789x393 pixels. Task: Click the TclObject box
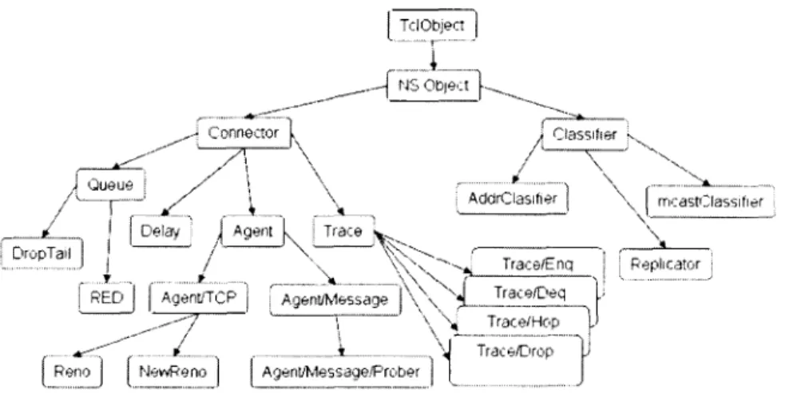click(432, 25)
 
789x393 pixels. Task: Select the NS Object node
click(434, 85)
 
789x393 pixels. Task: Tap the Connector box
click(244, 133)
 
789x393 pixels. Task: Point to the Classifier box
click(585, 134)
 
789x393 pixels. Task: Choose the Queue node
click(111, 185)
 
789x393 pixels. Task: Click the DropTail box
click(42, 253)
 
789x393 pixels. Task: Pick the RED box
click(107, 297)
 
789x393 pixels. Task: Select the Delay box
click(161, 231)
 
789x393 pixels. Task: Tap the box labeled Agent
click(252, 231)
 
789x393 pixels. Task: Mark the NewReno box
click(173, 371)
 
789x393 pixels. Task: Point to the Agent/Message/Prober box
click(342, 371)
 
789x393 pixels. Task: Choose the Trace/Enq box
click(537, 262)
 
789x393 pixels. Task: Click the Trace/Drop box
click(516, 359)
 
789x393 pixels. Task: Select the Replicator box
click(665, 264)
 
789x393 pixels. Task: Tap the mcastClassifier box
click(711, 201)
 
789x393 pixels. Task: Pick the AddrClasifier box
click(512, 198)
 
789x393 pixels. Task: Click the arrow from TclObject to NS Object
click(432, 55)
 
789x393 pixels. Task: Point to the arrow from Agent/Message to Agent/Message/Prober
click(339, 335)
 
